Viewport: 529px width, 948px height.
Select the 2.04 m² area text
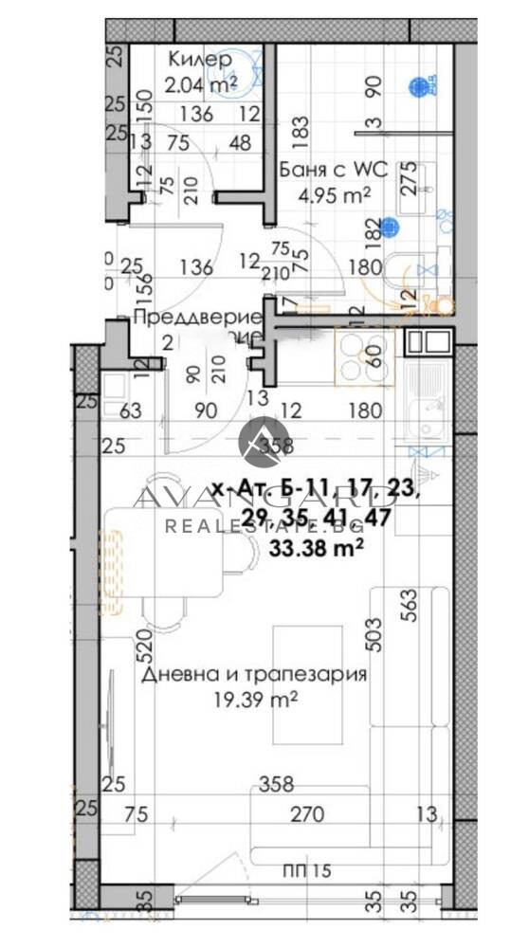click(x=199, y=84)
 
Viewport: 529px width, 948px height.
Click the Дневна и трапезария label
click(x=254, y=675)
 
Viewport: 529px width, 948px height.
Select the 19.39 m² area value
click(x=254, y=701)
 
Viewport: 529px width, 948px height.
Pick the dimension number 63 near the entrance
click(x=130, y=411)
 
